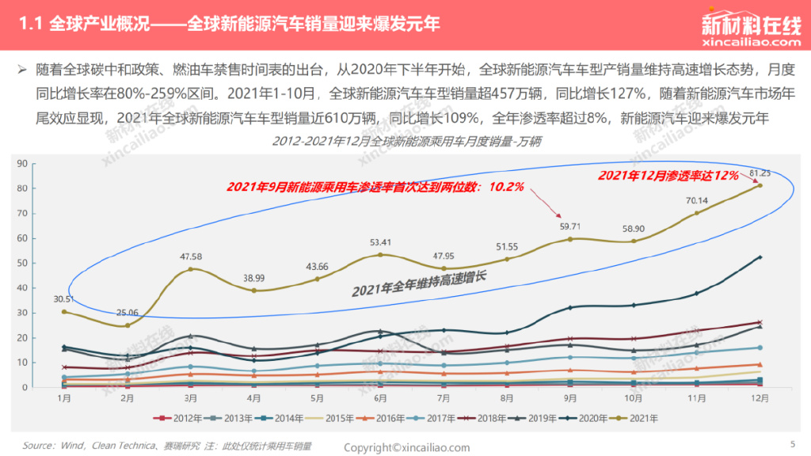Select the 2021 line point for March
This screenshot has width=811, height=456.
190,269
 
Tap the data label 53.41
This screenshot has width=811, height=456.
380,242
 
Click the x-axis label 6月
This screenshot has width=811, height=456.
380,398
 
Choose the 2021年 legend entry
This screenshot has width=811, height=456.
640,417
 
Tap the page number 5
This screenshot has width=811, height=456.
793,443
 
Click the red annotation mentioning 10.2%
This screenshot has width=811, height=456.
375,187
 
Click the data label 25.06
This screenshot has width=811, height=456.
128,313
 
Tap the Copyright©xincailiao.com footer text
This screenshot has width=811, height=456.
406,447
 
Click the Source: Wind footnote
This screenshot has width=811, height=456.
166,446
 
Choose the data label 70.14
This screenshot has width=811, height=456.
697,200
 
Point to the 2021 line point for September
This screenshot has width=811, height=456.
570,239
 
